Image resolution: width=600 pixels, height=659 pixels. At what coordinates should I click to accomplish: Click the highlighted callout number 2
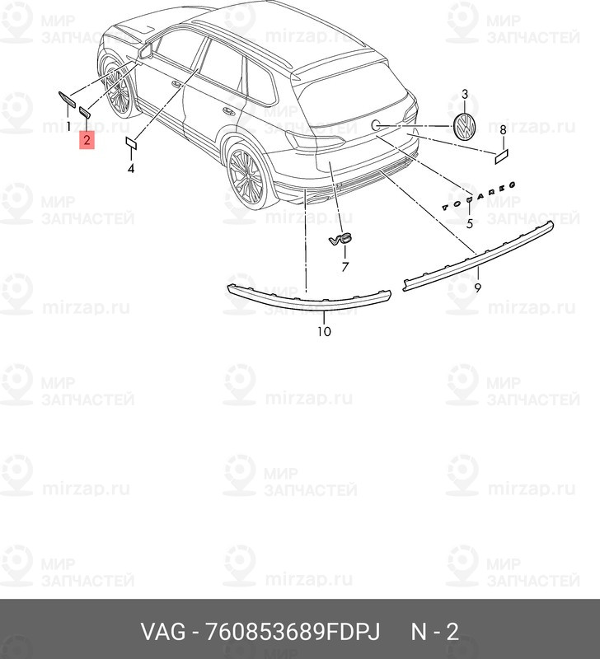click(x=87, y=140)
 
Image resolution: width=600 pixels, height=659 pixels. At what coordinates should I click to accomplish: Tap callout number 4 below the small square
click(x=130, y=169)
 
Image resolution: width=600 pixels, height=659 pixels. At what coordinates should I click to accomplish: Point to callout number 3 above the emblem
click(x=465, y=96)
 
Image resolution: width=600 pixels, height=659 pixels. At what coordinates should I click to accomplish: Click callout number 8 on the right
click(x=503, y=130)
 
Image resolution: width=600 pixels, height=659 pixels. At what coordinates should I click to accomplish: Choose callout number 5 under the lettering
click(x=469, y=223)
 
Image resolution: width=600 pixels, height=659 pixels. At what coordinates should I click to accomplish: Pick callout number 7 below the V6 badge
click(x=345, y=267)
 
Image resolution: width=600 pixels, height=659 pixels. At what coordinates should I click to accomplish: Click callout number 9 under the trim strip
click(x=477, y=287)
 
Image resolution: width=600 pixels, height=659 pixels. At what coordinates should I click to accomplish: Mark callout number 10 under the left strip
click(x=323, y=331)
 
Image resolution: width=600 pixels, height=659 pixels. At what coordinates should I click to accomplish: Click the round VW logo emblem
click(x=466, y=129)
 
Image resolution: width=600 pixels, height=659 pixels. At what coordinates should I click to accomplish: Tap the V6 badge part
click(x=340, y=239)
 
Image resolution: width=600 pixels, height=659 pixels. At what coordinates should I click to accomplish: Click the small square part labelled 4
click(x=130, y=143)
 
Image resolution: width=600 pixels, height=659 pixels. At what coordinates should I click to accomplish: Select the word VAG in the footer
click(x=162, y=633)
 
